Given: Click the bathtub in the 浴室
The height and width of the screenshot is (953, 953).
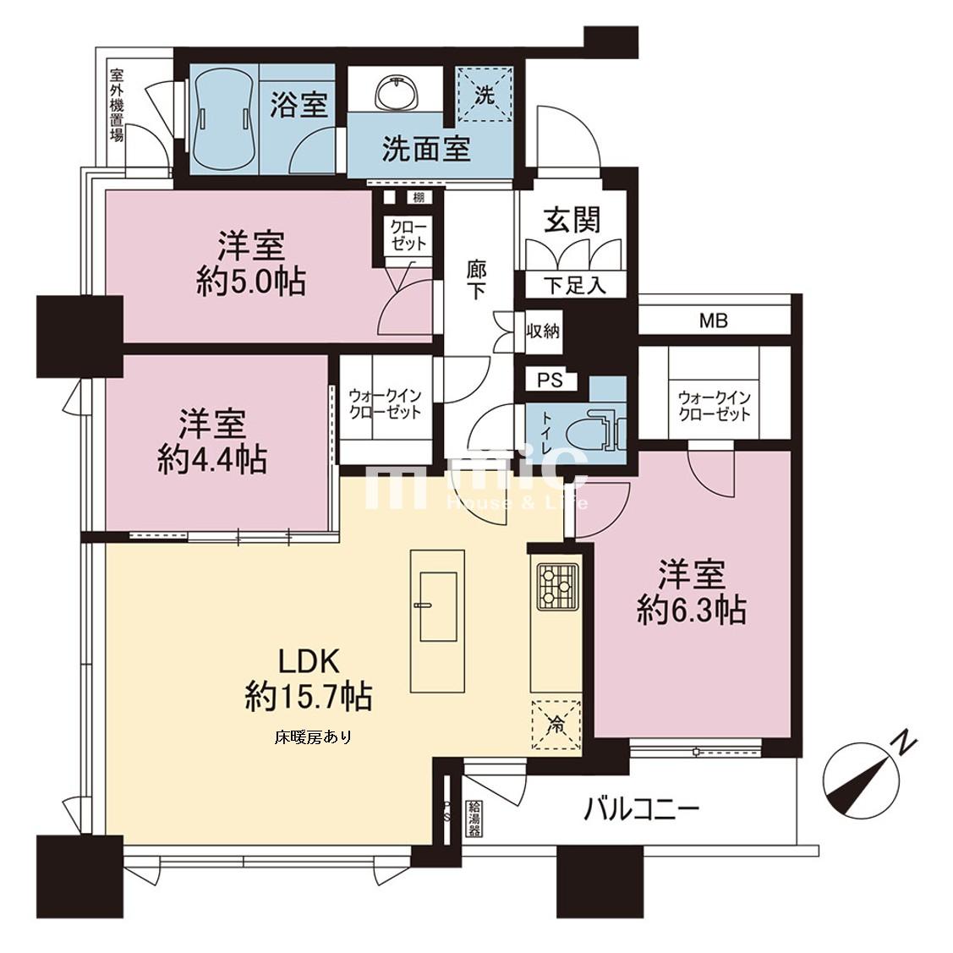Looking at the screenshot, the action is (225, 118).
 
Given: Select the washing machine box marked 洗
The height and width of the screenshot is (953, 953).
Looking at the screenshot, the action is (485, 94).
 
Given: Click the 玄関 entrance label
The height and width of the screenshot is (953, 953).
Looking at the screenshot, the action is (572, 219).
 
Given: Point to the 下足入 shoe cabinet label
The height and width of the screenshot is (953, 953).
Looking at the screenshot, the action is (574, 285).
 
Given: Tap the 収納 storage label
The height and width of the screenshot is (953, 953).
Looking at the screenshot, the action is (543, 331).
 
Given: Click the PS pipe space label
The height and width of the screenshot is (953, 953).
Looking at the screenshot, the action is (550, 381).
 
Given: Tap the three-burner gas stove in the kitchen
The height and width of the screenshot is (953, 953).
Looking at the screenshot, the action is (556, 584).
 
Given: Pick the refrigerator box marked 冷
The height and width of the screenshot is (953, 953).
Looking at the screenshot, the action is (556, 726).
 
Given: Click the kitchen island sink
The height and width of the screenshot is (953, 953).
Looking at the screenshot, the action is (438, 606).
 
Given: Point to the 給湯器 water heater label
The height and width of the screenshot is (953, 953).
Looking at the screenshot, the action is (474, 819).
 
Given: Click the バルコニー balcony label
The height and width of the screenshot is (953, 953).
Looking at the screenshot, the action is (642, 809).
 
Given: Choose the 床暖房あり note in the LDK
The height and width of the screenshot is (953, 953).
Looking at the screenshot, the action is (313, 738).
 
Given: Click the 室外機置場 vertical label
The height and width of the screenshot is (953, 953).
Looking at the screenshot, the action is (116, 105).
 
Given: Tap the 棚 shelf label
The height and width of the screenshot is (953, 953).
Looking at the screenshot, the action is (419, 198).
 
